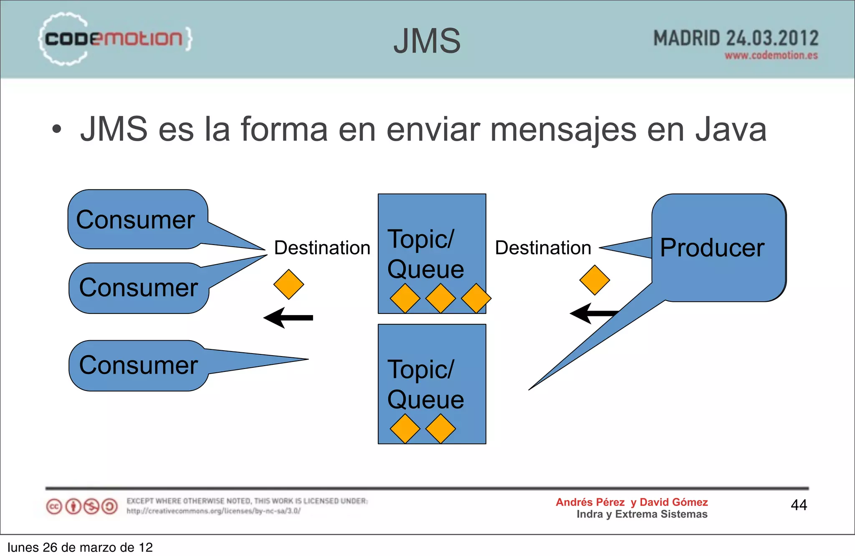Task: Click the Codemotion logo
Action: pos(115,39)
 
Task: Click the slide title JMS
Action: pos(427,41)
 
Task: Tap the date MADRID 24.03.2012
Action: pos(736,38)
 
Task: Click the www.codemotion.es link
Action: pos(771,56)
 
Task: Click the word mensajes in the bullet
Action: pos(563,129)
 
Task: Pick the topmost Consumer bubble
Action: pos(136,220)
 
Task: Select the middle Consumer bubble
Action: pos(139,288)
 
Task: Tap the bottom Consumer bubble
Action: pos(139,365)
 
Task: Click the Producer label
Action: pos(712,248)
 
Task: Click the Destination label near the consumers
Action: pos(322,248)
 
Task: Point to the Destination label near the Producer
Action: pos(543,248)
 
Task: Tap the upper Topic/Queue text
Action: pos(425,254)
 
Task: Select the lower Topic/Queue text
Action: pos(425,384)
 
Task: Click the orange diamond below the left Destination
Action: pos(288,284)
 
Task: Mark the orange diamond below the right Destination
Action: pos(594,280)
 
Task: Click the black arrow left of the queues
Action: pos(288,318)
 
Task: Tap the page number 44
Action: pos(799,505)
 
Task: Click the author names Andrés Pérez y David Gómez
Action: pos(632,502)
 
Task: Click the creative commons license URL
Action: pos(213,511)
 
